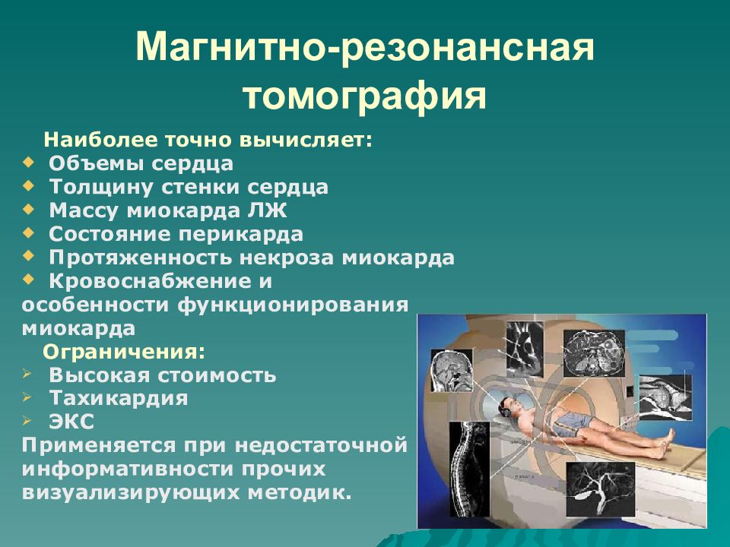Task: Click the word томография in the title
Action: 364,96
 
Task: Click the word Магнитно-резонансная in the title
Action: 365,46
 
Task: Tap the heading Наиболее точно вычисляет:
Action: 208,140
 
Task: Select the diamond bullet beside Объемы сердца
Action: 28,163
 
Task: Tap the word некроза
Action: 287,258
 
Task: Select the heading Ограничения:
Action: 124,352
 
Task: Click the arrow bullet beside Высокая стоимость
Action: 27,374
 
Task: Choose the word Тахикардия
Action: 119,399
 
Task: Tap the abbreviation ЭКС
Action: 71,422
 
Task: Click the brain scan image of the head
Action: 452,371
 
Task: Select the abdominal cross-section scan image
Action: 594,353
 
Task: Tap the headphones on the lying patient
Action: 506,409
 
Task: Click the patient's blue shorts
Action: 573,423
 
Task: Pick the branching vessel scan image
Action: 601,490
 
